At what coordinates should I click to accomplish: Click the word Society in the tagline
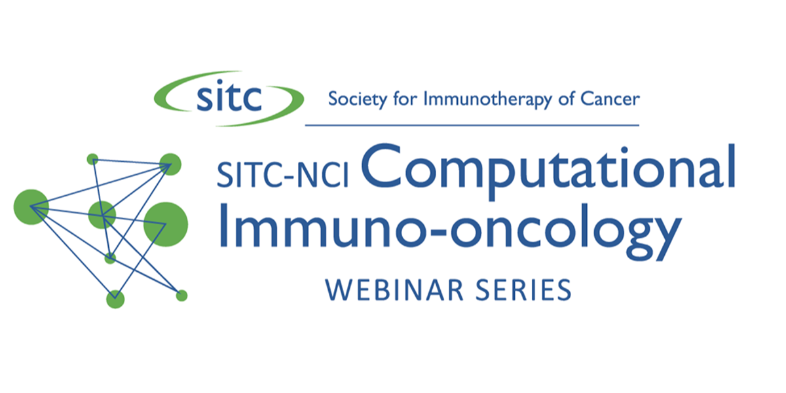358,100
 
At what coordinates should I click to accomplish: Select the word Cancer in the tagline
610,99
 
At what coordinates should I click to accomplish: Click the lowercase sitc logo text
229,96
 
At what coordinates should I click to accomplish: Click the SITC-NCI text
283,174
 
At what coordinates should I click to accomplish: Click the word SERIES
523,290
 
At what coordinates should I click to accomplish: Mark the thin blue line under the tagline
472,125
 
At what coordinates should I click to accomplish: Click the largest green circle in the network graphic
166,225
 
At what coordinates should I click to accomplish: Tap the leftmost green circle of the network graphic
31,207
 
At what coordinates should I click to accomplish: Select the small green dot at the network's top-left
92,159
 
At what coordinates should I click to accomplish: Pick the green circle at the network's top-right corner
170,164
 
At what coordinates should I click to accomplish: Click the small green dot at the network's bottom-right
182,296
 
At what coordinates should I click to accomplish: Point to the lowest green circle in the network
115,299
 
